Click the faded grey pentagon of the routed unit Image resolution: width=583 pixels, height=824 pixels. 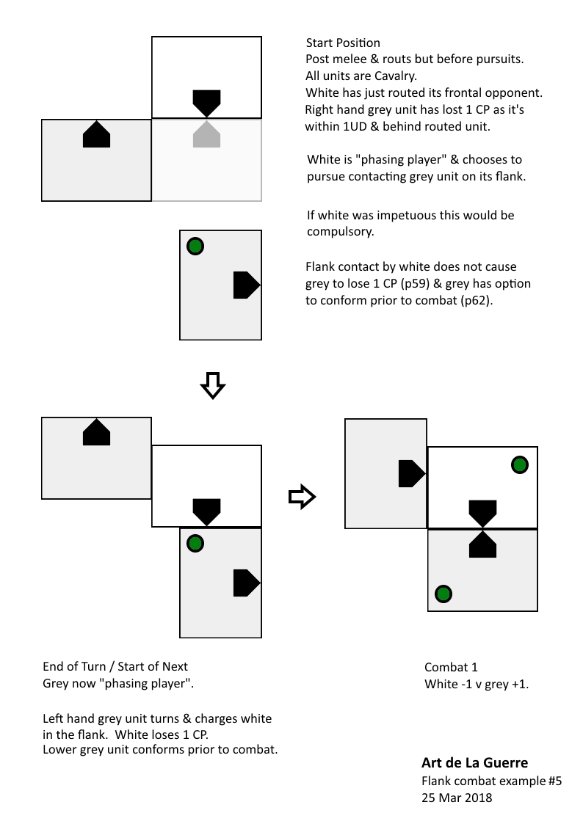[206, 135]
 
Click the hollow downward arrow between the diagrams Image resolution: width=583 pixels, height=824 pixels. [211, 385]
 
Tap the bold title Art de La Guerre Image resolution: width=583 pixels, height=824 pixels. [474, 763]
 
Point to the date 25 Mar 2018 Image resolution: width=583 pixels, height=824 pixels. [457, 798]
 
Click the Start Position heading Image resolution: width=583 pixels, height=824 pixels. [343, 43]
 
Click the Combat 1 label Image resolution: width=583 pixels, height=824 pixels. [451, 667]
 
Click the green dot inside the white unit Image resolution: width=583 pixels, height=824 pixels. [519, 464]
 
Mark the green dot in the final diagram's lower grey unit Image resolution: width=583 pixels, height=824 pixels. [443, 593]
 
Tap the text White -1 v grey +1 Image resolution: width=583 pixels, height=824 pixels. [477, 685]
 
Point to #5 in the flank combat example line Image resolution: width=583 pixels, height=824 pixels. [554, 781]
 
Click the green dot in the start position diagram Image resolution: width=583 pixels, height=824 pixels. [195, 246]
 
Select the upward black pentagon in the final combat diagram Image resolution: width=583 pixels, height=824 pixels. [482, 543]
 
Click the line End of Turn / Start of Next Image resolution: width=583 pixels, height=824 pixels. [115, 666]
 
